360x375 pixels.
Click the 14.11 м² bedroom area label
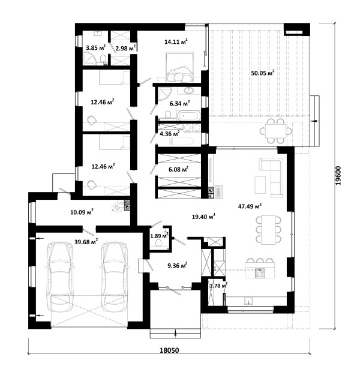click(176, 41)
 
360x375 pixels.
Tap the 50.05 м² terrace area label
click(262, 73)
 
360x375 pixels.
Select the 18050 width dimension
click(169, 350)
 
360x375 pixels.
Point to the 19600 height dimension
click(338, 176)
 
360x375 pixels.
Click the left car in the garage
click(60, 277)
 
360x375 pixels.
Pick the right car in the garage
click(114, 277)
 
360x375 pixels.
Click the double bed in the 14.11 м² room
click(179, 67)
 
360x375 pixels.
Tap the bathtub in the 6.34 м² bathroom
click(188, 115)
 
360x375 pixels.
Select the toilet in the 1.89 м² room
click(158, 243)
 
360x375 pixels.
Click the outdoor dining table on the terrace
click(275, 131)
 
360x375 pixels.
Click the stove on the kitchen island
click(260, 273)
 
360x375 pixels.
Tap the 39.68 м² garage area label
click(86, 242)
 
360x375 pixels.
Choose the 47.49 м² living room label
click(250, 206)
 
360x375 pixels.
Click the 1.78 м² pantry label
click(218, 286)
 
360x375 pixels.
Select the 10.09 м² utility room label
click(82, 212)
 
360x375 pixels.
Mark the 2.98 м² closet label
click(126, 49)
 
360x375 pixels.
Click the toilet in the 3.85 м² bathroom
click(103, 59)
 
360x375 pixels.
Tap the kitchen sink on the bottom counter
click(248, 301)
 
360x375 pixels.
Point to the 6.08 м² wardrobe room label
click(178, 169)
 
